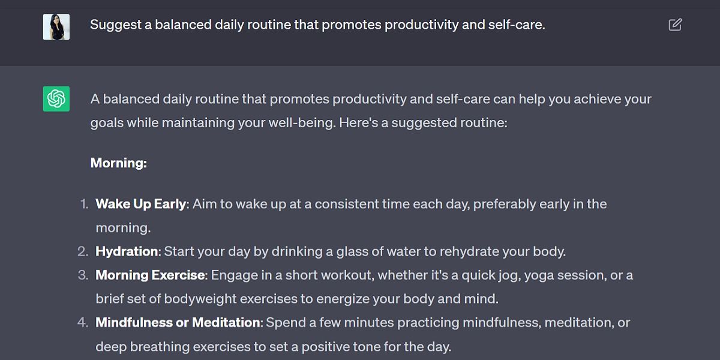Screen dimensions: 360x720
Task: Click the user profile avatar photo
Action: pos(56,26)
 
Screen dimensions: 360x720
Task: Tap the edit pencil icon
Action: pos(675,25)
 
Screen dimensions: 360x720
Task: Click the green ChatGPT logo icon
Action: pos(56,98)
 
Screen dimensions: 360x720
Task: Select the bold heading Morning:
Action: pos(119,163)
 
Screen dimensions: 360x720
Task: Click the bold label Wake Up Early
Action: pos(140,204)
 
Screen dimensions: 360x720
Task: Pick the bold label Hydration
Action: pos(127,251)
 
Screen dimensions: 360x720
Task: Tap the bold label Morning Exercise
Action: pos(150,275)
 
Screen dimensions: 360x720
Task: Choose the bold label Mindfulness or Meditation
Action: pos(178,323)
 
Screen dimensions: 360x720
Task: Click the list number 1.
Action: pos(83,204)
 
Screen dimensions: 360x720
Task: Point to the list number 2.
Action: pos(83,251)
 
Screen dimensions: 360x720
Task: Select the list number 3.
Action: pos(83,275)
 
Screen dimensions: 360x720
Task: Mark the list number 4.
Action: pos(83,323)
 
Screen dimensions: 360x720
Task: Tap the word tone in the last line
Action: pos(365,347)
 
